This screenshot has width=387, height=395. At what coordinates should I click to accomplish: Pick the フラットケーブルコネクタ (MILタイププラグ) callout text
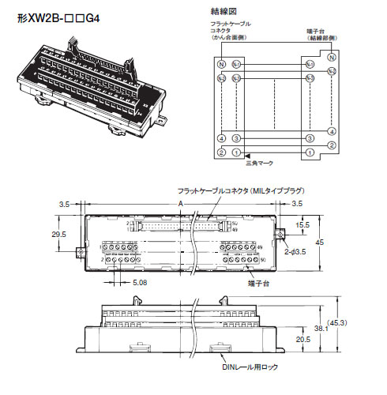click(227, 193)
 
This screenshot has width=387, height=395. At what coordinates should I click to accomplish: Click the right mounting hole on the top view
click(280, 235)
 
